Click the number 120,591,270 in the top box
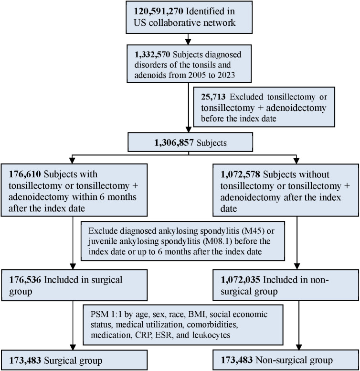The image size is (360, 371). point(159,11)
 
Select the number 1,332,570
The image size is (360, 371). point(152,55)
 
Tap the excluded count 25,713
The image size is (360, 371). point(213,97)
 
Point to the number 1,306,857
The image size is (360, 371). point(174,142)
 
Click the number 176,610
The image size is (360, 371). point(25,174)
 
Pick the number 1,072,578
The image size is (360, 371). point(240,175)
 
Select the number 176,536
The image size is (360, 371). point(25,280)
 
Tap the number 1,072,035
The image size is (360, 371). point(241,280)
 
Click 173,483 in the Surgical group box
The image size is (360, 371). point(25,360)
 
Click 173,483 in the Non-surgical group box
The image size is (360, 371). point(237,360)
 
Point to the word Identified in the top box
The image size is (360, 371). point(210,11)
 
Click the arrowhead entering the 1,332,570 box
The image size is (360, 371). point(188,42)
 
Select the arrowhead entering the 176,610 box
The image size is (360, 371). point(72,161)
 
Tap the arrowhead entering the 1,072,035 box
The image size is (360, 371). point(297,266)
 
